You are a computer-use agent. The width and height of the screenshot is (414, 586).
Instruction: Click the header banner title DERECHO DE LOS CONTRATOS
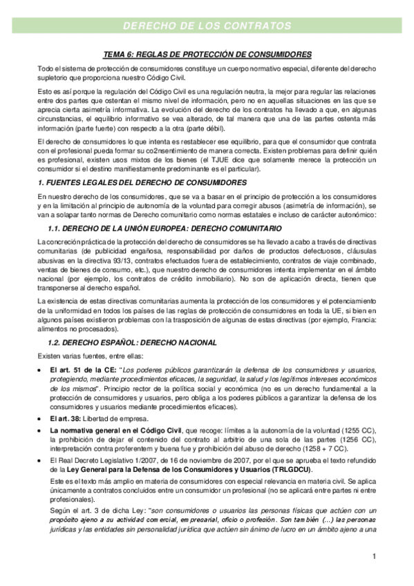pyautogui.click(x=207, y=26)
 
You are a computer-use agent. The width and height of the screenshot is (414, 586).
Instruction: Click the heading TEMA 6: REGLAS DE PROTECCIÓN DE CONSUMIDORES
pyautogui.click(x=207, y=54)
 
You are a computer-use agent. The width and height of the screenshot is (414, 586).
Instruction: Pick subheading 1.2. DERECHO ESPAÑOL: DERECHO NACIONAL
pyautogui.click(x=131, y=343)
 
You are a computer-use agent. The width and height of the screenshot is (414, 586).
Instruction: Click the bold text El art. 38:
pyautogui.click(x=66, y=420)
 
